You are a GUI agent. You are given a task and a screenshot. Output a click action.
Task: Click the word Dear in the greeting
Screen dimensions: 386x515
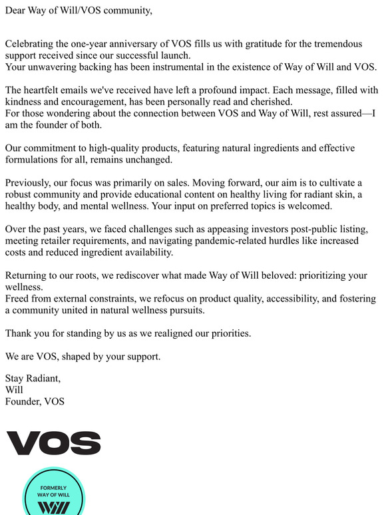click(17, 10)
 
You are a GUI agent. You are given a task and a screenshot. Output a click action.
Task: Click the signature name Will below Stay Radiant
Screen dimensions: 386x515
click(14, 390)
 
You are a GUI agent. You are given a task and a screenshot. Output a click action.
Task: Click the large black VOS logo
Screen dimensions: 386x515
click(53, 443)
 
